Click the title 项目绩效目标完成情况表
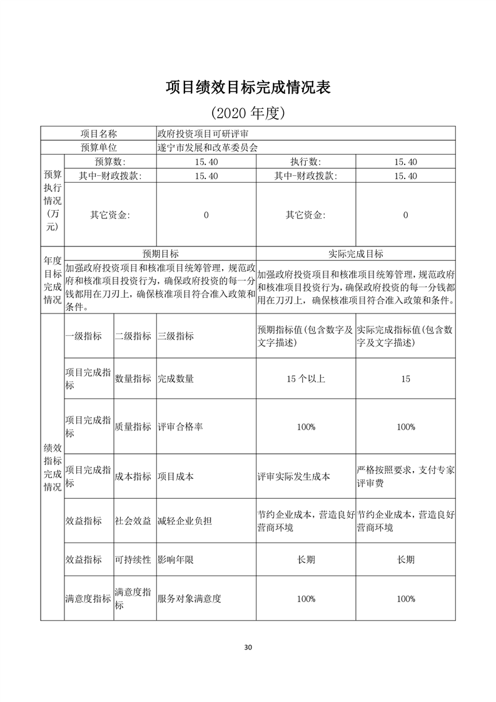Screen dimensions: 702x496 click(248, 87)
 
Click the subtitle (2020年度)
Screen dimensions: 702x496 click(248, 113)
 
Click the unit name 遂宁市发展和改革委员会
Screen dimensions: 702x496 click(208, 148)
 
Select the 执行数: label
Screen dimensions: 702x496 click(305, 162)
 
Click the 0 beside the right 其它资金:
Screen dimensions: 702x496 click(405, 215)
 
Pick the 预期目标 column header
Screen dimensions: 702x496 click(160, 254)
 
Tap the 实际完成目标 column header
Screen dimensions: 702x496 click(356, 254)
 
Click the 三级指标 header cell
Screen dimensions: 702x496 click(176, 336)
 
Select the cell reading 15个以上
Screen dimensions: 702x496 click(306, 379)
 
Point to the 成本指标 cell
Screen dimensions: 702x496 click(133, 476)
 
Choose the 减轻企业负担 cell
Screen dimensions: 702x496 click(185, 521)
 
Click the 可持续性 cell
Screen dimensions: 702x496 click(133, 559)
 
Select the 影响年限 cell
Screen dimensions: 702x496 click(176, 559)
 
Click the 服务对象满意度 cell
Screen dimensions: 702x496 click(189, 599)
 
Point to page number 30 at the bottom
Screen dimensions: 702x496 click(248, 647)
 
